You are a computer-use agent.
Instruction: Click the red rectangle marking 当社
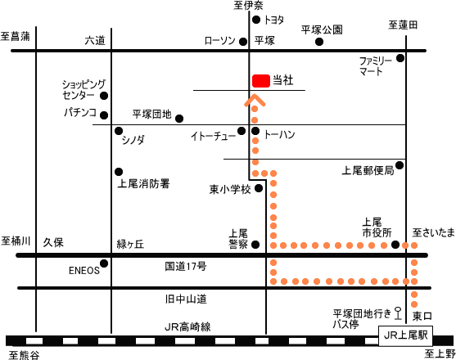point(261,81)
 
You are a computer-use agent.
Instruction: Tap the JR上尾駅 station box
point(405,336)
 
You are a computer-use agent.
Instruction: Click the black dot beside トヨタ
point(256,20)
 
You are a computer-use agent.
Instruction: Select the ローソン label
point(219,41)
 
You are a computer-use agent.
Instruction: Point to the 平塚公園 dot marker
point(319,42)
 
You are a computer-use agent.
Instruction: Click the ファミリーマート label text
point(375,66)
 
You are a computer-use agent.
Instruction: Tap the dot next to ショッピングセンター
point(104,96)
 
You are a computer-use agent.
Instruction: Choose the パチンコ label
point(80,112)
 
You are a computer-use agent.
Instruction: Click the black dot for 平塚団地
point(179,119)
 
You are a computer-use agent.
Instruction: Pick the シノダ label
point(133,140)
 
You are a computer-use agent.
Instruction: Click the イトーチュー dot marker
point(242,131)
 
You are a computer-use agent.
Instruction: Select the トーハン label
point(279,134)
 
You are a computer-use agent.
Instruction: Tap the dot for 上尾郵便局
point(400,165)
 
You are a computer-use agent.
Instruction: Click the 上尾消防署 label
point(143,183)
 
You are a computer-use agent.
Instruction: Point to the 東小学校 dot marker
point(259,188)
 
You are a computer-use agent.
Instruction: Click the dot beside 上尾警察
point(255,245)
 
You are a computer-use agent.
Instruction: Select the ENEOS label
point(84,271)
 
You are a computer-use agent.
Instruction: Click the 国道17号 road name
point(186,266)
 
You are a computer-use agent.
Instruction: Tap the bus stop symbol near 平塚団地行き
point(397,313)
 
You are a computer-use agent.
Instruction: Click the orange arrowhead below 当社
point(255,99)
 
